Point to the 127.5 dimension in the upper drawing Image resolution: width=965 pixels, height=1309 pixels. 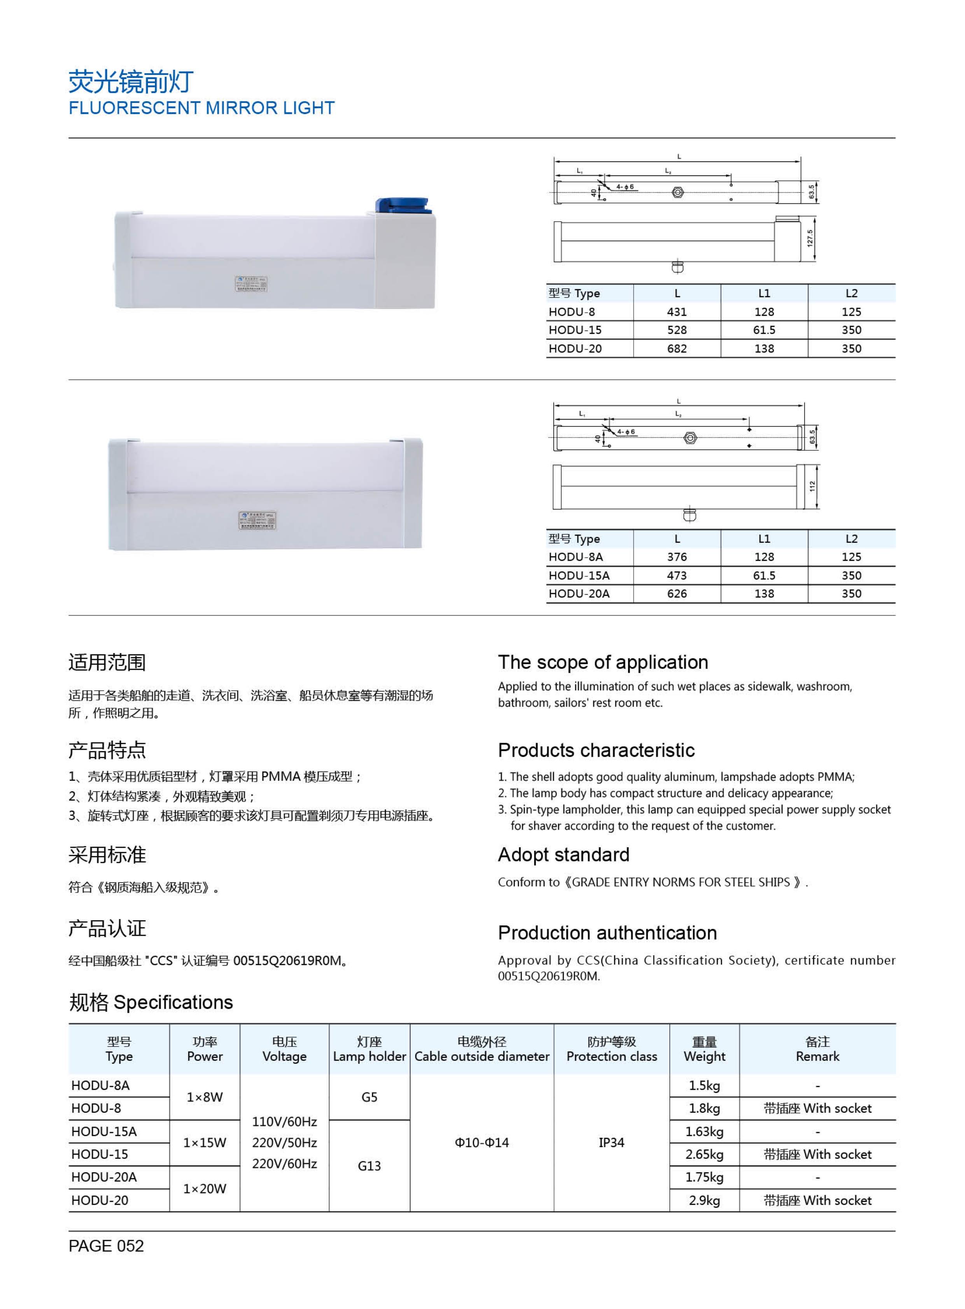810,238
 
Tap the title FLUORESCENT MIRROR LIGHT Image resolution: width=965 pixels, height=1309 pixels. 201,108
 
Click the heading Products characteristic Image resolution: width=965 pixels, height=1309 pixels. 596,750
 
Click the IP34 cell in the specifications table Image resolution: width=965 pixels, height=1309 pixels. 611,1143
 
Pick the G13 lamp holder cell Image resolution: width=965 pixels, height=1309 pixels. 369,1166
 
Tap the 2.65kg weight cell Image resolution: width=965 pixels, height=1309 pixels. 704,1154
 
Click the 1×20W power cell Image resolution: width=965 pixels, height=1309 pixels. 205,1189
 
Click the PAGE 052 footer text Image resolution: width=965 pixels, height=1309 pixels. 106,1246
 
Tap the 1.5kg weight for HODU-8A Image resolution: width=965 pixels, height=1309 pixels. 704,1085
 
